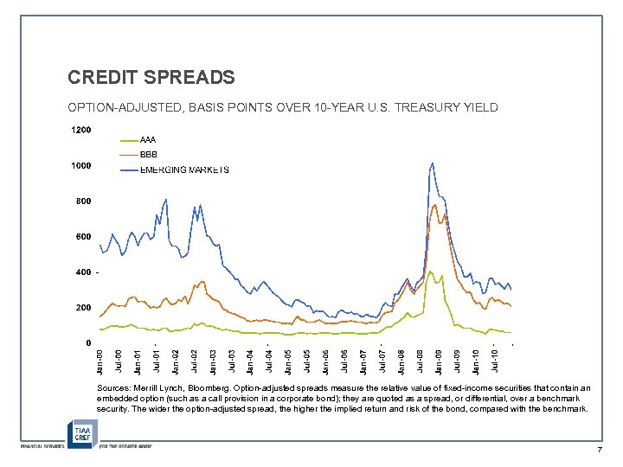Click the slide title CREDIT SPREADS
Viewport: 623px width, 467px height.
point(151,78)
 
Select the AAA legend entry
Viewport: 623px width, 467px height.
point(148,139)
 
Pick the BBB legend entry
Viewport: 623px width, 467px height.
point(148,154)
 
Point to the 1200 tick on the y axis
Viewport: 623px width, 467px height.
point(80,130)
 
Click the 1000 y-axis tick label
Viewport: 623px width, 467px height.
point(80,165)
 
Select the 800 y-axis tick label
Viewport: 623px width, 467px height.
point(83,201)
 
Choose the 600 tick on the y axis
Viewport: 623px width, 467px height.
point(83,236)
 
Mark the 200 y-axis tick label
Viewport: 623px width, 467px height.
point(83,307)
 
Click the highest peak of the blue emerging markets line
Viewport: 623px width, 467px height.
point(431,163)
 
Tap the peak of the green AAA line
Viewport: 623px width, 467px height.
point(430,272)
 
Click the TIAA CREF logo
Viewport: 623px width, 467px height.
point(83,432)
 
